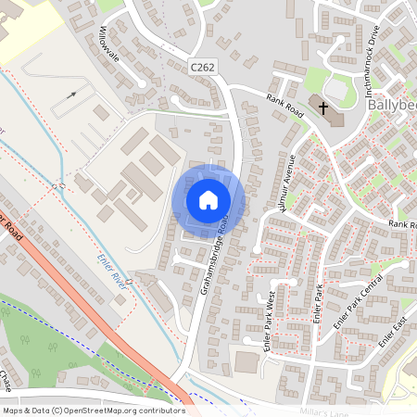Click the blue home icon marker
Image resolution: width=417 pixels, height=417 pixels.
(x=208, y=199)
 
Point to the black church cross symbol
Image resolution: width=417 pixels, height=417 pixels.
(x=323, y=108)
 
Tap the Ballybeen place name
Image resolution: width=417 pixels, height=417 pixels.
(x=392, y=106)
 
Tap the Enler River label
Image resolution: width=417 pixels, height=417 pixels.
(x=110, y=272)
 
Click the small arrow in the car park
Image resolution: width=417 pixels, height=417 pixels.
(x=71, y=95)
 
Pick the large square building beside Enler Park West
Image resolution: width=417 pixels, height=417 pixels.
(x=246, y=361)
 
